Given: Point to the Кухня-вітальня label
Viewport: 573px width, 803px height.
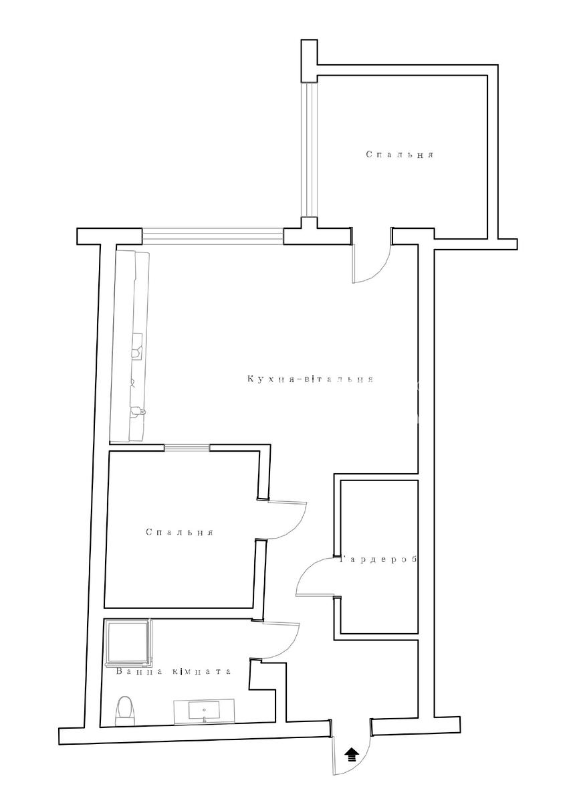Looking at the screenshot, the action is click(x=310, y=379).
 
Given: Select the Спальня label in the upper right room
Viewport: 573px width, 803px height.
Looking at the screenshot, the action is click(x=400, y=155).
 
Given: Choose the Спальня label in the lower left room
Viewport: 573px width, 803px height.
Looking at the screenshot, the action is click(x=179, y=532).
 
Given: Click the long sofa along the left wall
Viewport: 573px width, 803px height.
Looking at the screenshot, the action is click(x=130, y=347).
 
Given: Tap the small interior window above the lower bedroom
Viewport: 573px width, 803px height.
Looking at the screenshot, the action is click(x=187, y=447).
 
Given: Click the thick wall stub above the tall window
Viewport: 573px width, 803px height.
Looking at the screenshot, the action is click(x=309, y=61).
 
